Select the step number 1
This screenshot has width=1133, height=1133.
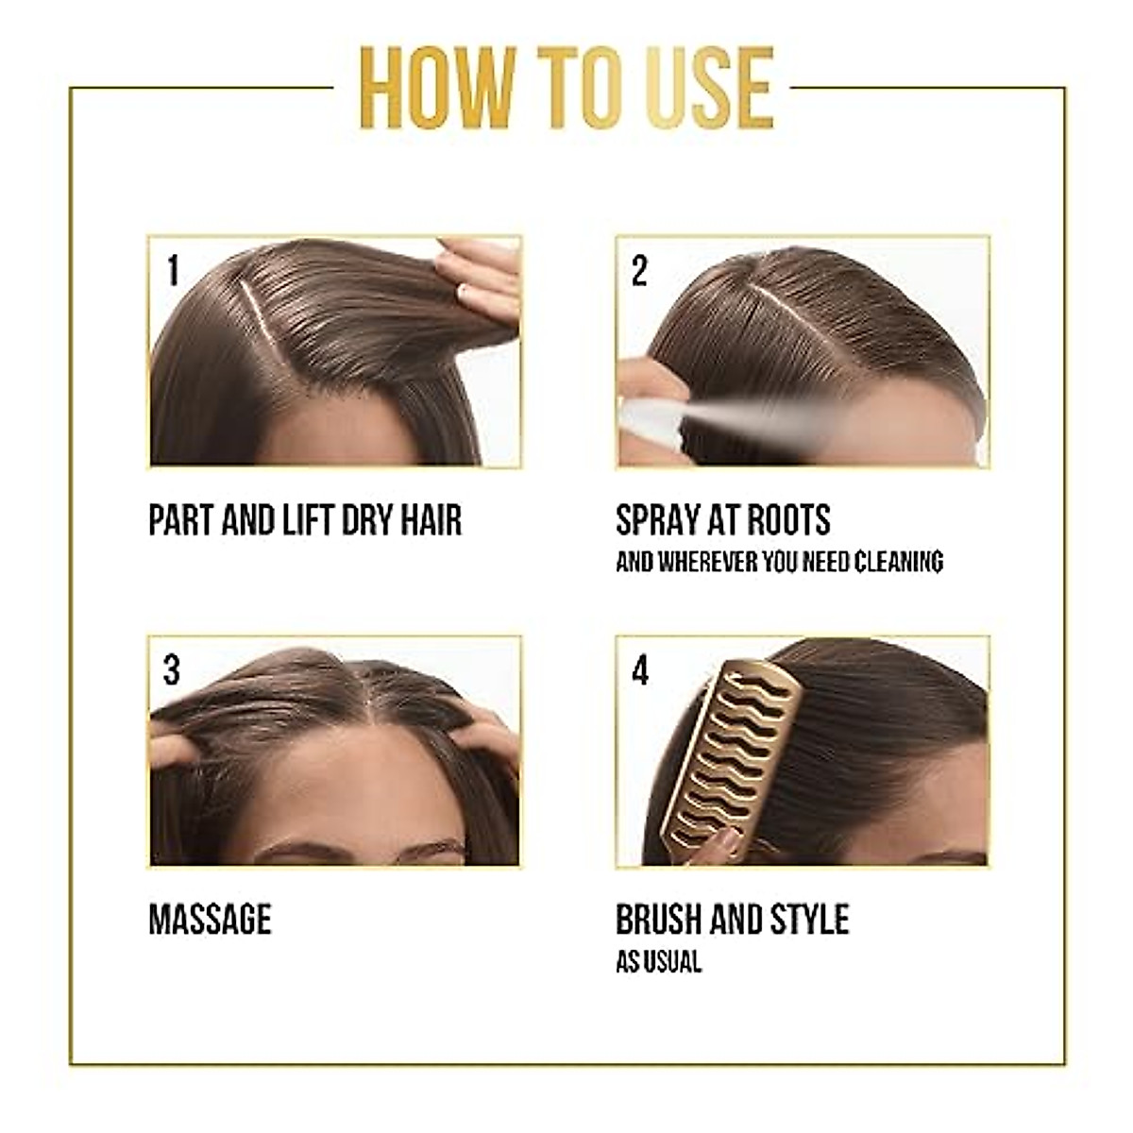tap(172, 272)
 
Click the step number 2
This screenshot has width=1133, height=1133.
tap(639, 272)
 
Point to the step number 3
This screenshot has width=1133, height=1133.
tap(171, 671)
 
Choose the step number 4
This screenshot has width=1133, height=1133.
tap(640, 671)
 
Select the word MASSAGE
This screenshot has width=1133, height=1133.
tap(210, 920)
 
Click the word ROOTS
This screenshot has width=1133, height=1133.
tap(788, 520)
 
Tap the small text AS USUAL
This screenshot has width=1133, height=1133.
tap(658, 962)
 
